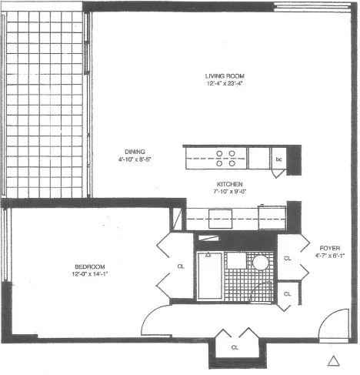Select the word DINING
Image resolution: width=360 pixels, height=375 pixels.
138,151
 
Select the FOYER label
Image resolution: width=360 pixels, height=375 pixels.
328,248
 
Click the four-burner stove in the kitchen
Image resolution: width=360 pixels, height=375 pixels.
226,158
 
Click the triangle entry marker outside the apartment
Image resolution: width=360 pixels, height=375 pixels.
333,360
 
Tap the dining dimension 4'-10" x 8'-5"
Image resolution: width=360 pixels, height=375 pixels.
138,160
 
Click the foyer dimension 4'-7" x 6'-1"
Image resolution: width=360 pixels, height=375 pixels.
328,256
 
